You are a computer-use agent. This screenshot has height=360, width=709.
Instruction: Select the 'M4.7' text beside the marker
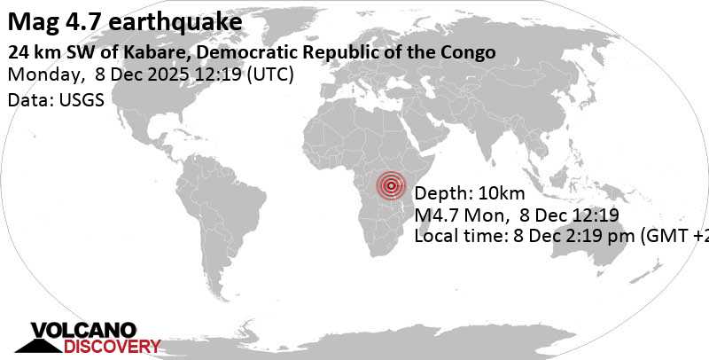(x=437, y=215)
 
